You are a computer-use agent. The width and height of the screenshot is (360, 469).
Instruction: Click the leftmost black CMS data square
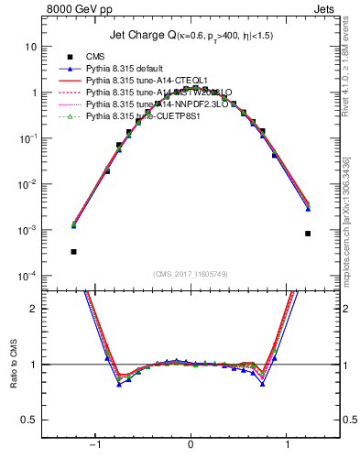(x=73, y=251)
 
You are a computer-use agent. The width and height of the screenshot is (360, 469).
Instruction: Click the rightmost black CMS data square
(x=308, y=234)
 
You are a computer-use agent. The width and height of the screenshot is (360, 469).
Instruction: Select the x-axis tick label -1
(x=93, y=444)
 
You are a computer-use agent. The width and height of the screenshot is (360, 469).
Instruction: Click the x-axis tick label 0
(x=191, y=444)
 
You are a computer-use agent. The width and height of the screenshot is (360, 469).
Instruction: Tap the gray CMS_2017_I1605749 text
(x=191, y=274)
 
